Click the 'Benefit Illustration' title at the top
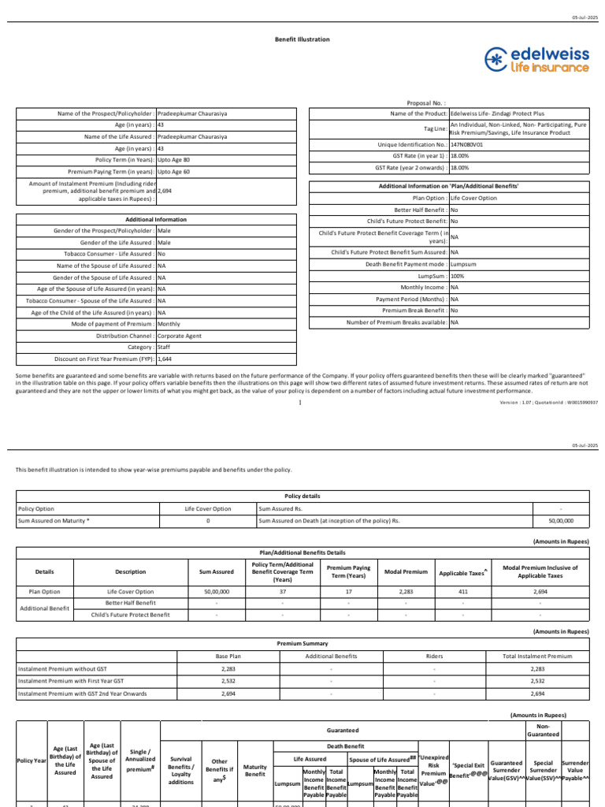point(302,39)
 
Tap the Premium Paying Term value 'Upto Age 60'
point(173,171)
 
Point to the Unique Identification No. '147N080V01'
point(466,145)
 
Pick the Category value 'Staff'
point(164,347)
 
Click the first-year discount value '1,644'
point(165,359)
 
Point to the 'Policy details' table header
point(302,496)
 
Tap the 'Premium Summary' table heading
point(302,644)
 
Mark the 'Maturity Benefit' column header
point(254,771)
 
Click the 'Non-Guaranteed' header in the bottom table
point(547,730)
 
